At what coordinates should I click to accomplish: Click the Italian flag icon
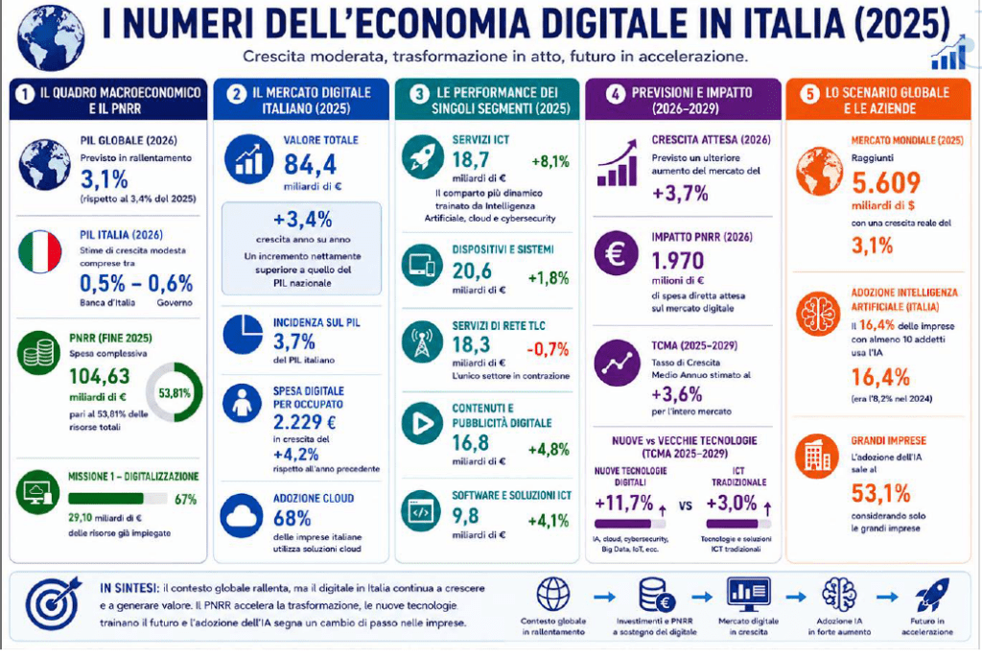tap(40, 252)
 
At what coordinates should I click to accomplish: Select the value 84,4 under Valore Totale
tap(310, 164)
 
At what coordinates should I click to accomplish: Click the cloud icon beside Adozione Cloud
tap(241, 516)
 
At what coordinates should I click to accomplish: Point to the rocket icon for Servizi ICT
tap(423, 156)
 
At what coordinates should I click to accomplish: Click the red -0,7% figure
tap(548, 349)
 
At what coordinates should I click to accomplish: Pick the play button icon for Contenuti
tap(422, 424)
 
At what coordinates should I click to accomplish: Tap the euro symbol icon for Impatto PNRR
tap(617, 253)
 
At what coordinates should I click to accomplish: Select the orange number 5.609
tap(885, 183)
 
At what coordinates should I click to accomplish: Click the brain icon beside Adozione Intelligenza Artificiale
tap(818, 314)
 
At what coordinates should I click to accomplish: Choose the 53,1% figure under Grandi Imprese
tap(880, 494)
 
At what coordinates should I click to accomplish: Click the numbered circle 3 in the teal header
tap(418, 94)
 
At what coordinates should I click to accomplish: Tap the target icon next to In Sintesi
tap(54, 603)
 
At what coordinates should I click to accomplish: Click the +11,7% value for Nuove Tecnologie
tap(623, 504)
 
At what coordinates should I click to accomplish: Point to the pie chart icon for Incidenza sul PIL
tap(243, 335)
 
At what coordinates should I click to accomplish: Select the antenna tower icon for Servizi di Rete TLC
tap(422, 342)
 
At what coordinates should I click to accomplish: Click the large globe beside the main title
tap(51, 37)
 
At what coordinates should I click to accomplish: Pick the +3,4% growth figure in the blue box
tap(302, 220)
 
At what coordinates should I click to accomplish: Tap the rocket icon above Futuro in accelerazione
tap(932, 595)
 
